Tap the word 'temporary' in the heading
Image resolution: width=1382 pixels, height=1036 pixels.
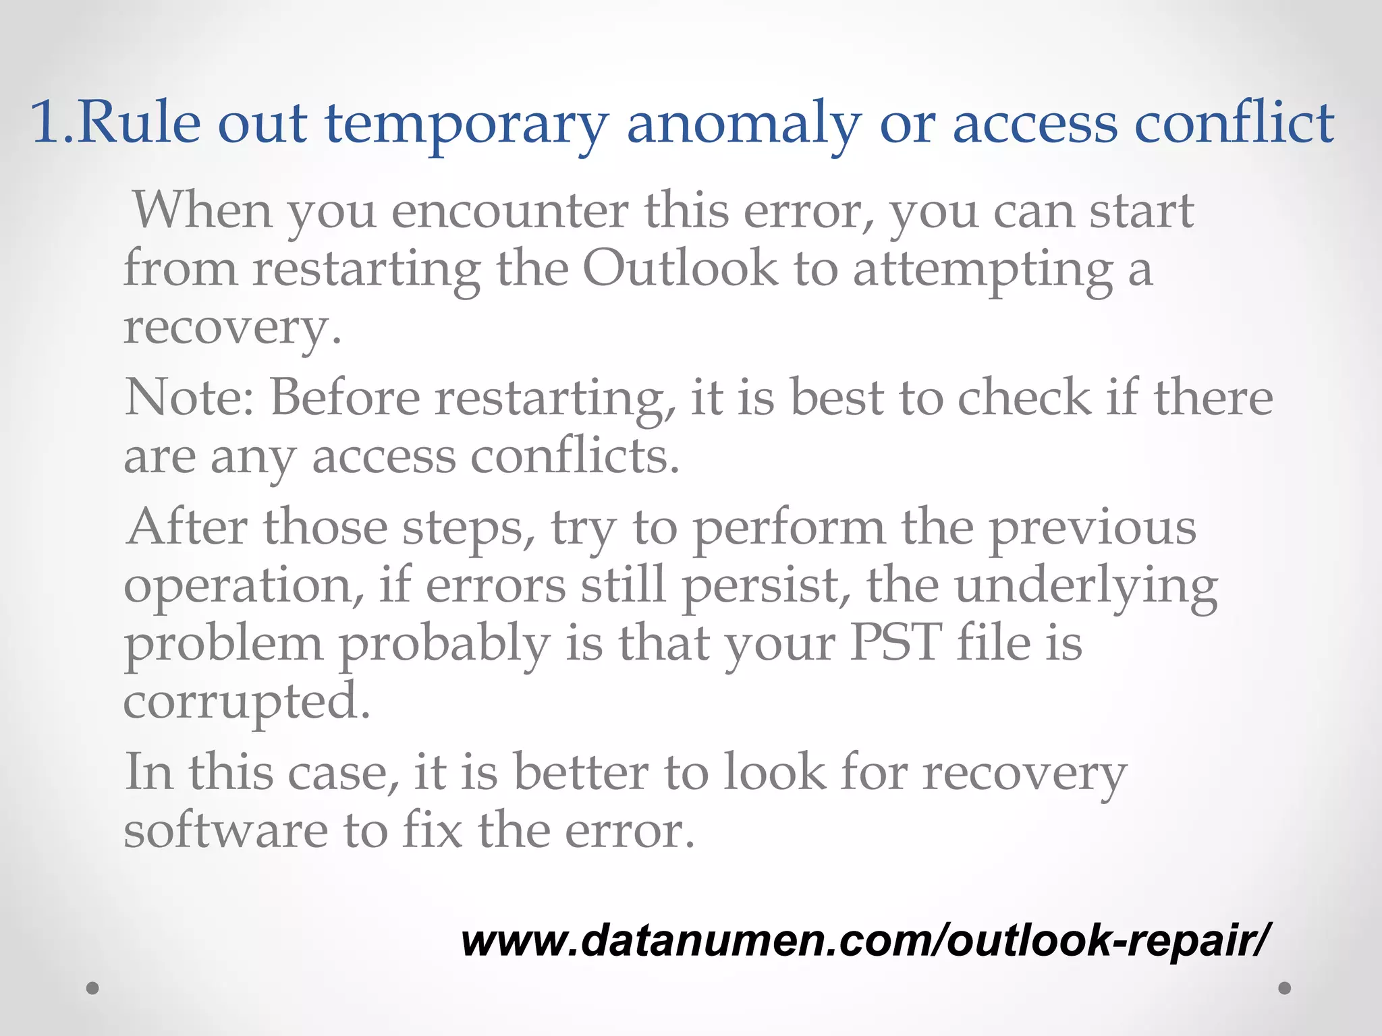pos(467,125)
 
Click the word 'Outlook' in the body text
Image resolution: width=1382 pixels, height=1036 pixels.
pos(680,269)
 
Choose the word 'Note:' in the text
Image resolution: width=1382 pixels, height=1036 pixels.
pos(190,397)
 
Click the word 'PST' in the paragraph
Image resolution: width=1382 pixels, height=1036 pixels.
pos(895,643)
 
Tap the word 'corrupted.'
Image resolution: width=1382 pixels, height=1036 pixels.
pos(247,702)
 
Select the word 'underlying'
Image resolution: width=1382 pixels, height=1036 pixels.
pos(1086,585)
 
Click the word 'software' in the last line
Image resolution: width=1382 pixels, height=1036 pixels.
pos(225,831)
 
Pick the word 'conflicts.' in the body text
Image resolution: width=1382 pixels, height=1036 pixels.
pos(574,457)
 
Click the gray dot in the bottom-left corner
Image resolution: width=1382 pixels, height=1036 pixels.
pos(93,988)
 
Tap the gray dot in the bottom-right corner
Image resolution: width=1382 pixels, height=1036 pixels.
pos(1285,988)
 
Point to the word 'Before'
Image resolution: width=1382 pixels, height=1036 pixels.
pos(345,397)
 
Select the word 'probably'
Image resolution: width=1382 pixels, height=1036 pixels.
pos(444,644)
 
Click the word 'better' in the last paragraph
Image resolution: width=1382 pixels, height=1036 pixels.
pos(580,772)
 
